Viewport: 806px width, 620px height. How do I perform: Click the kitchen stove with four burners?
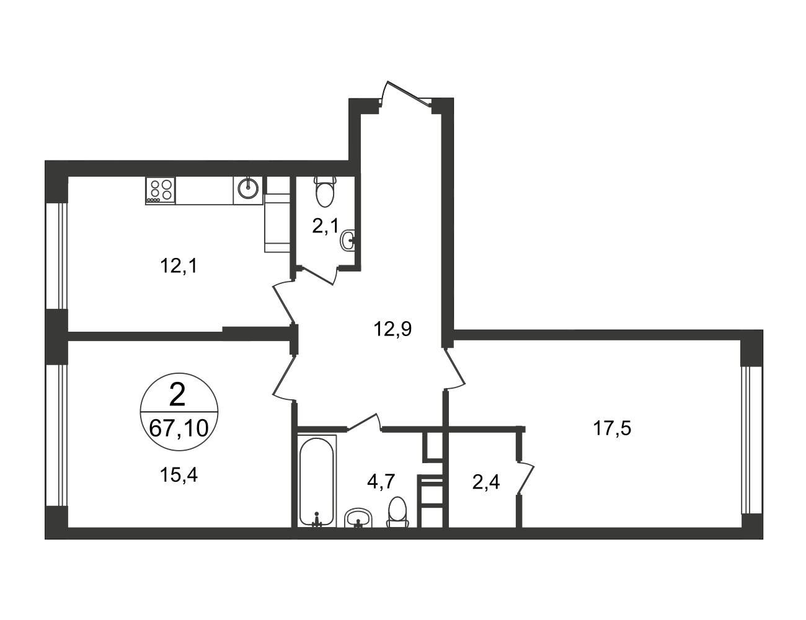click(x=160, y=190)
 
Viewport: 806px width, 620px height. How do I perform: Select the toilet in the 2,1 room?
click(x=325, y=192)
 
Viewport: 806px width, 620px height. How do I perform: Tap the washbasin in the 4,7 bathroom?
click(x=358, y=518)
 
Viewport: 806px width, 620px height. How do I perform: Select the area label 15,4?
click(x=179, y=475)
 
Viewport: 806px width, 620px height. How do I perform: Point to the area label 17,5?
click(x=612, y=428)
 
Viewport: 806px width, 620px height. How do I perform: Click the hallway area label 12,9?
click(x=393, y=329)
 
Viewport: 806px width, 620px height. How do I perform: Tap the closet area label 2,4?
click(x=486, y=482)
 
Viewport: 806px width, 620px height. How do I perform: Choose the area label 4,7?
click(x=381, y=482)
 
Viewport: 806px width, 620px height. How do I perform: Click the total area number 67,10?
click(x=179, y=428)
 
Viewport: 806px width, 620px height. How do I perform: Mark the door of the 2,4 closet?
click(x=525, y=479)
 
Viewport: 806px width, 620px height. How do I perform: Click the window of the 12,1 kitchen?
click(x=56, y=256)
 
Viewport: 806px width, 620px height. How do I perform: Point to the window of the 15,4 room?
click(x=56, y=435)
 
